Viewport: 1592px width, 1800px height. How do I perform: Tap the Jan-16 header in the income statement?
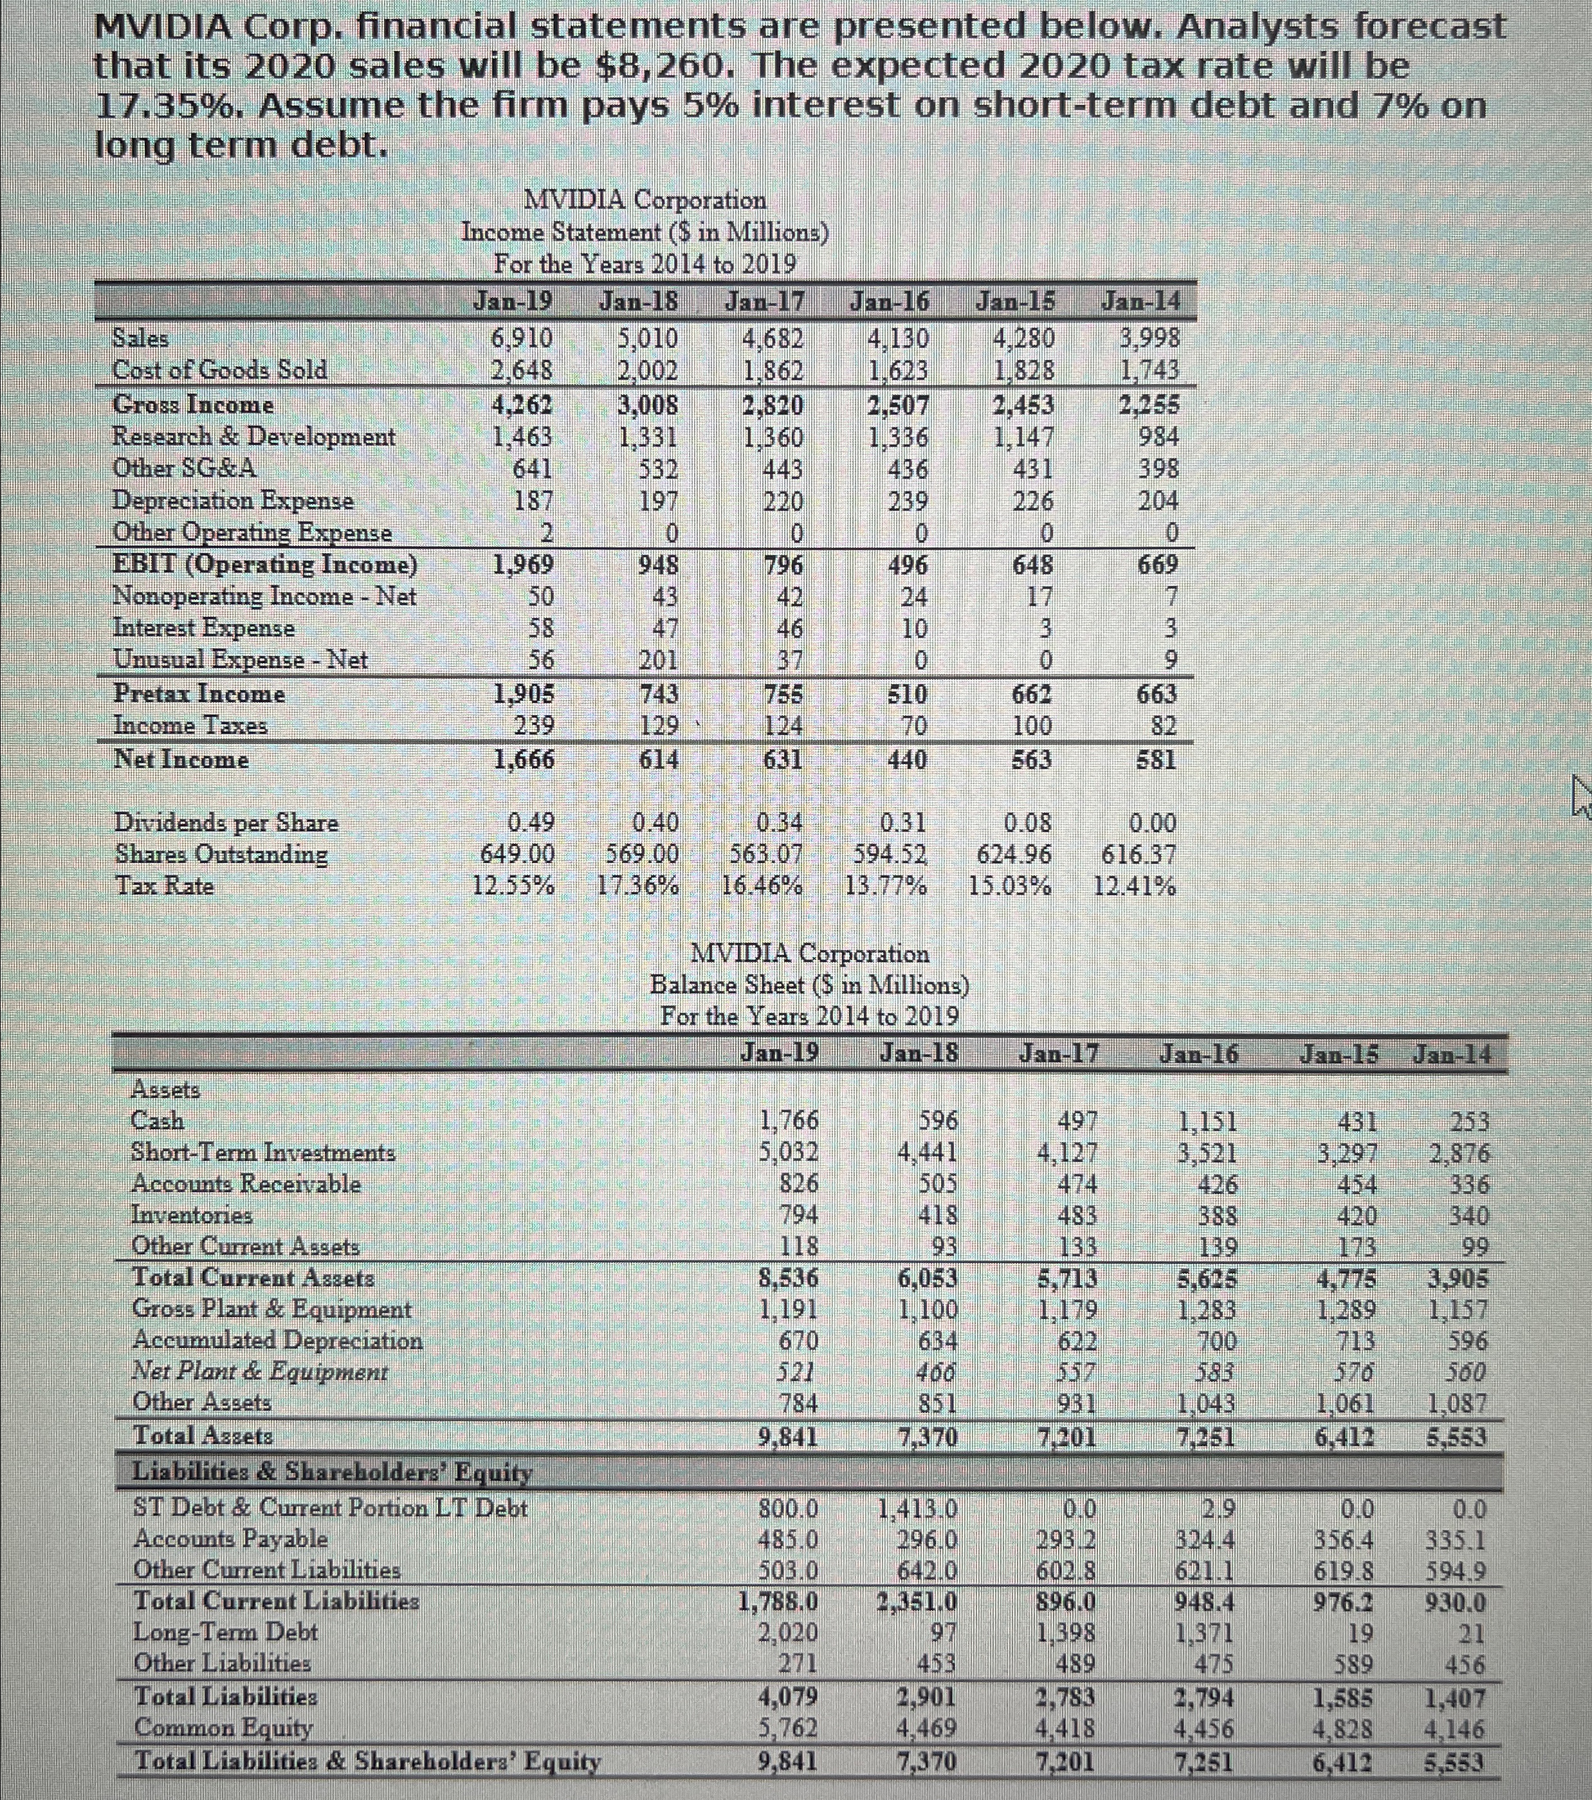(x=890, y=302)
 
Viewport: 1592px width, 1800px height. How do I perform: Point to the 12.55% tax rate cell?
(x=514, y=886)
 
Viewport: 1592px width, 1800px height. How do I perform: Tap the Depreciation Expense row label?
(x=233, y=500)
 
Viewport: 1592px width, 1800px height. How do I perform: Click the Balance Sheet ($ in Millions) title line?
(x=809, y=984)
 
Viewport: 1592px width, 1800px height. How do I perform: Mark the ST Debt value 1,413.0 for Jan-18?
(x=918, y=1509)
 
